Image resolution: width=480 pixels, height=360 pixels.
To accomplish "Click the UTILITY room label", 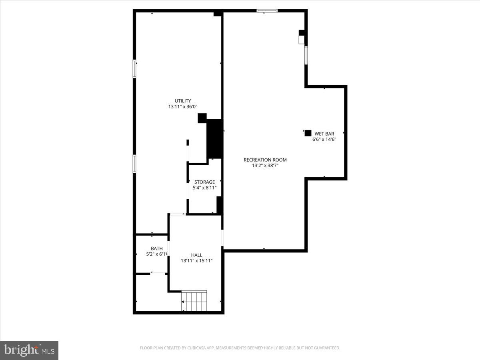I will click(183, 101).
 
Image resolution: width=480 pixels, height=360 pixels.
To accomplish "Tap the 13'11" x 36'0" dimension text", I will click(183, 107).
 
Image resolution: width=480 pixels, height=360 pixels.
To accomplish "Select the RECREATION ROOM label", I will click(265, 160).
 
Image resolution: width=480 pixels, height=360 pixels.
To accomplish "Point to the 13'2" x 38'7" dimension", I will click(265, 165).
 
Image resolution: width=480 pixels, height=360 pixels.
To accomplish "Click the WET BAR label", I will click(324, 134).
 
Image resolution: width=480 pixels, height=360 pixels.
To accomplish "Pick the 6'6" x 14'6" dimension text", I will click(324, 139).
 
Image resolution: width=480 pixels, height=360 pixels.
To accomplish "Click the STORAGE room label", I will click(204, 182).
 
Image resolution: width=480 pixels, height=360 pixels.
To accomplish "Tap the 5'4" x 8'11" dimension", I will click(204, 188).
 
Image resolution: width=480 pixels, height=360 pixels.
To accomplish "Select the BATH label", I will click(156, 248).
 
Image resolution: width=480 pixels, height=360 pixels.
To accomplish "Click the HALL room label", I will click(196, 255).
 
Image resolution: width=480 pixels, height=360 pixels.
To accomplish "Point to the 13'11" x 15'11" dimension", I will click(196, 261).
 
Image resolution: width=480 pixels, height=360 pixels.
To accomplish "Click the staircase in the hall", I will click(194, 301).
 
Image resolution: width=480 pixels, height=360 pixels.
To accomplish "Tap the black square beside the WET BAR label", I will click(308, 133).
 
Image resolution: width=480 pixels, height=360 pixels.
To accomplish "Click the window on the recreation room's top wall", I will click(267, 11).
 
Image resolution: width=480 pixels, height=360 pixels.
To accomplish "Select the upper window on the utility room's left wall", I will click(135, 68).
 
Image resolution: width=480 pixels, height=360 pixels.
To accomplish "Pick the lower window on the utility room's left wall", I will click(135, 164).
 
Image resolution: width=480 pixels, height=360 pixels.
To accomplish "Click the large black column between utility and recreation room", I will click(215, 138).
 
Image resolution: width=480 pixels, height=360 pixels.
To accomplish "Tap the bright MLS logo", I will click(29, 350).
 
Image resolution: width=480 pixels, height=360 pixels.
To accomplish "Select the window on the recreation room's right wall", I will click(306, 55).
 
